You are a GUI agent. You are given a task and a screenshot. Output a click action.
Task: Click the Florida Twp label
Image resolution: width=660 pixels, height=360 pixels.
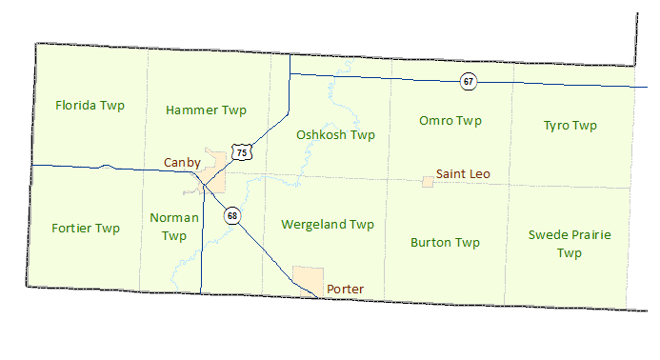tap(90, 105)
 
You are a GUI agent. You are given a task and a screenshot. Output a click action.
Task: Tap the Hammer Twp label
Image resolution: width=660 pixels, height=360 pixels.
tap(206, 110)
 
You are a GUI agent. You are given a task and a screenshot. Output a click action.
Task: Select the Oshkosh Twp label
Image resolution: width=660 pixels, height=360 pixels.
tap(335, 135)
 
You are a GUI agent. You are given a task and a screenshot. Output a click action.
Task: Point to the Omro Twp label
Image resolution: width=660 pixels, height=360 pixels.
tap(450, 121)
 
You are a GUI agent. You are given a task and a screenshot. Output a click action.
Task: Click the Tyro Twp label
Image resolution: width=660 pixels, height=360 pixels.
tap(570, 126)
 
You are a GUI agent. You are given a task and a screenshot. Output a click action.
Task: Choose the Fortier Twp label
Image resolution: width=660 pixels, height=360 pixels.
tap(86, 229)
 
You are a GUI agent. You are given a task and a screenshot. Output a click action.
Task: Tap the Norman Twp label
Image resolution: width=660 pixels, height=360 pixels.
tap(174, 227)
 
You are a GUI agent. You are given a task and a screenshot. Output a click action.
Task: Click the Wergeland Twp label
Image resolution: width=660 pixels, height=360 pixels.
tap(328, 225)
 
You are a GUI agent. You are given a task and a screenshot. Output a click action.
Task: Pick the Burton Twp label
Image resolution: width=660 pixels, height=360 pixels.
tap(445, 243)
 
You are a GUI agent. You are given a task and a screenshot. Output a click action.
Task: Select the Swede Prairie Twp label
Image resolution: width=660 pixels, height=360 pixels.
tap(570, 244)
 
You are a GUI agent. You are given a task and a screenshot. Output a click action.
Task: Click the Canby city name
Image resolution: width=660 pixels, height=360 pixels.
tap(182, 163)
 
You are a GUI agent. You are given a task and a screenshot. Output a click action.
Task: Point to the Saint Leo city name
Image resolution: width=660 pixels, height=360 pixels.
tap(462, 175)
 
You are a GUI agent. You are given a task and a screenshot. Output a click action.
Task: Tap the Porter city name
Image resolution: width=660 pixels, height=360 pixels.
tap(345, 289)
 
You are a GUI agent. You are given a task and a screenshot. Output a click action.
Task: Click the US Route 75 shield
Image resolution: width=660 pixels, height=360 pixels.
tap(242, 153)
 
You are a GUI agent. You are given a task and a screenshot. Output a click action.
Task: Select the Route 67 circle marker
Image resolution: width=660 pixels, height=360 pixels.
tap(468, 81)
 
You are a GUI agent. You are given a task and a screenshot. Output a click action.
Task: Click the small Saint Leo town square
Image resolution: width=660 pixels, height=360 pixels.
tap(428, 181)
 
